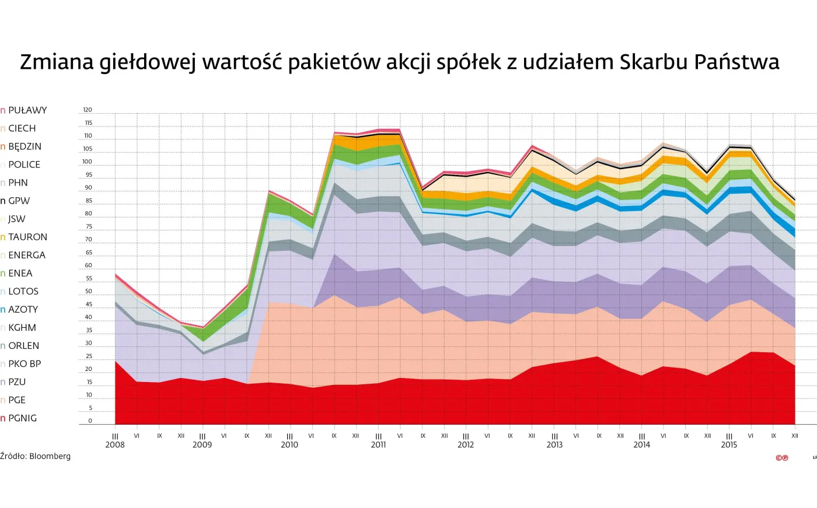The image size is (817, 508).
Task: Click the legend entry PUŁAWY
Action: [x=27, y=110]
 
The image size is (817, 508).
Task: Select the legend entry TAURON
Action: [x=27, y=237]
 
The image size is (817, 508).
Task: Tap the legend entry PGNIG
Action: [x=22, y=418]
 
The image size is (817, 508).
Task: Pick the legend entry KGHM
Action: [x=22, y=328]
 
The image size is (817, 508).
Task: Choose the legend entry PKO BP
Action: [x=25, y=364]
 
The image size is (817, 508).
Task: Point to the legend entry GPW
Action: [x=19, y=201]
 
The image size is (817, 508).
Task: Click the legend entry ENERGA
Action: [x=26, y=255]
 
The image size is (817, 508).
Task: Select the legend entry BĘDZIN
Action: [x=25, y=146]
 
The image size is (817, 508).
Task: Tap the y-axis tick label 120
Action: [x=88, y=110]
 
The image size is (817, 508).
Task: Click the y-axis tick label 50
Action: [x=89, y=291]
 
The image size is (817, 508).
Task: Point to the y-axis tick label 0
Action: [x=90, y=421]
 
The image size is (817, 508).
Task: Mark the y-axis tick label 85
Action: [x=89, y=201]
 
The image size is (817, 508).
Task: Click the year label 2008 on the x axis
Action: [x=115, y=445]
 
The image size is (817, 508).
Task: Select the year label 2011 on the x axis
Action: [x=378, y=445]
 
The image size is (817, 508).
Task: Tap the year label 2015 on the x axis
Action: [x=729, y=445]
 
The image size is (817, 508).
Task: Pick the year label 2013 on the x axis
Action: [x=554, y=445]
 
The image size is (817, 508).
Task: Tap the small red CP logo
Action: [x=782, y=458]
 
